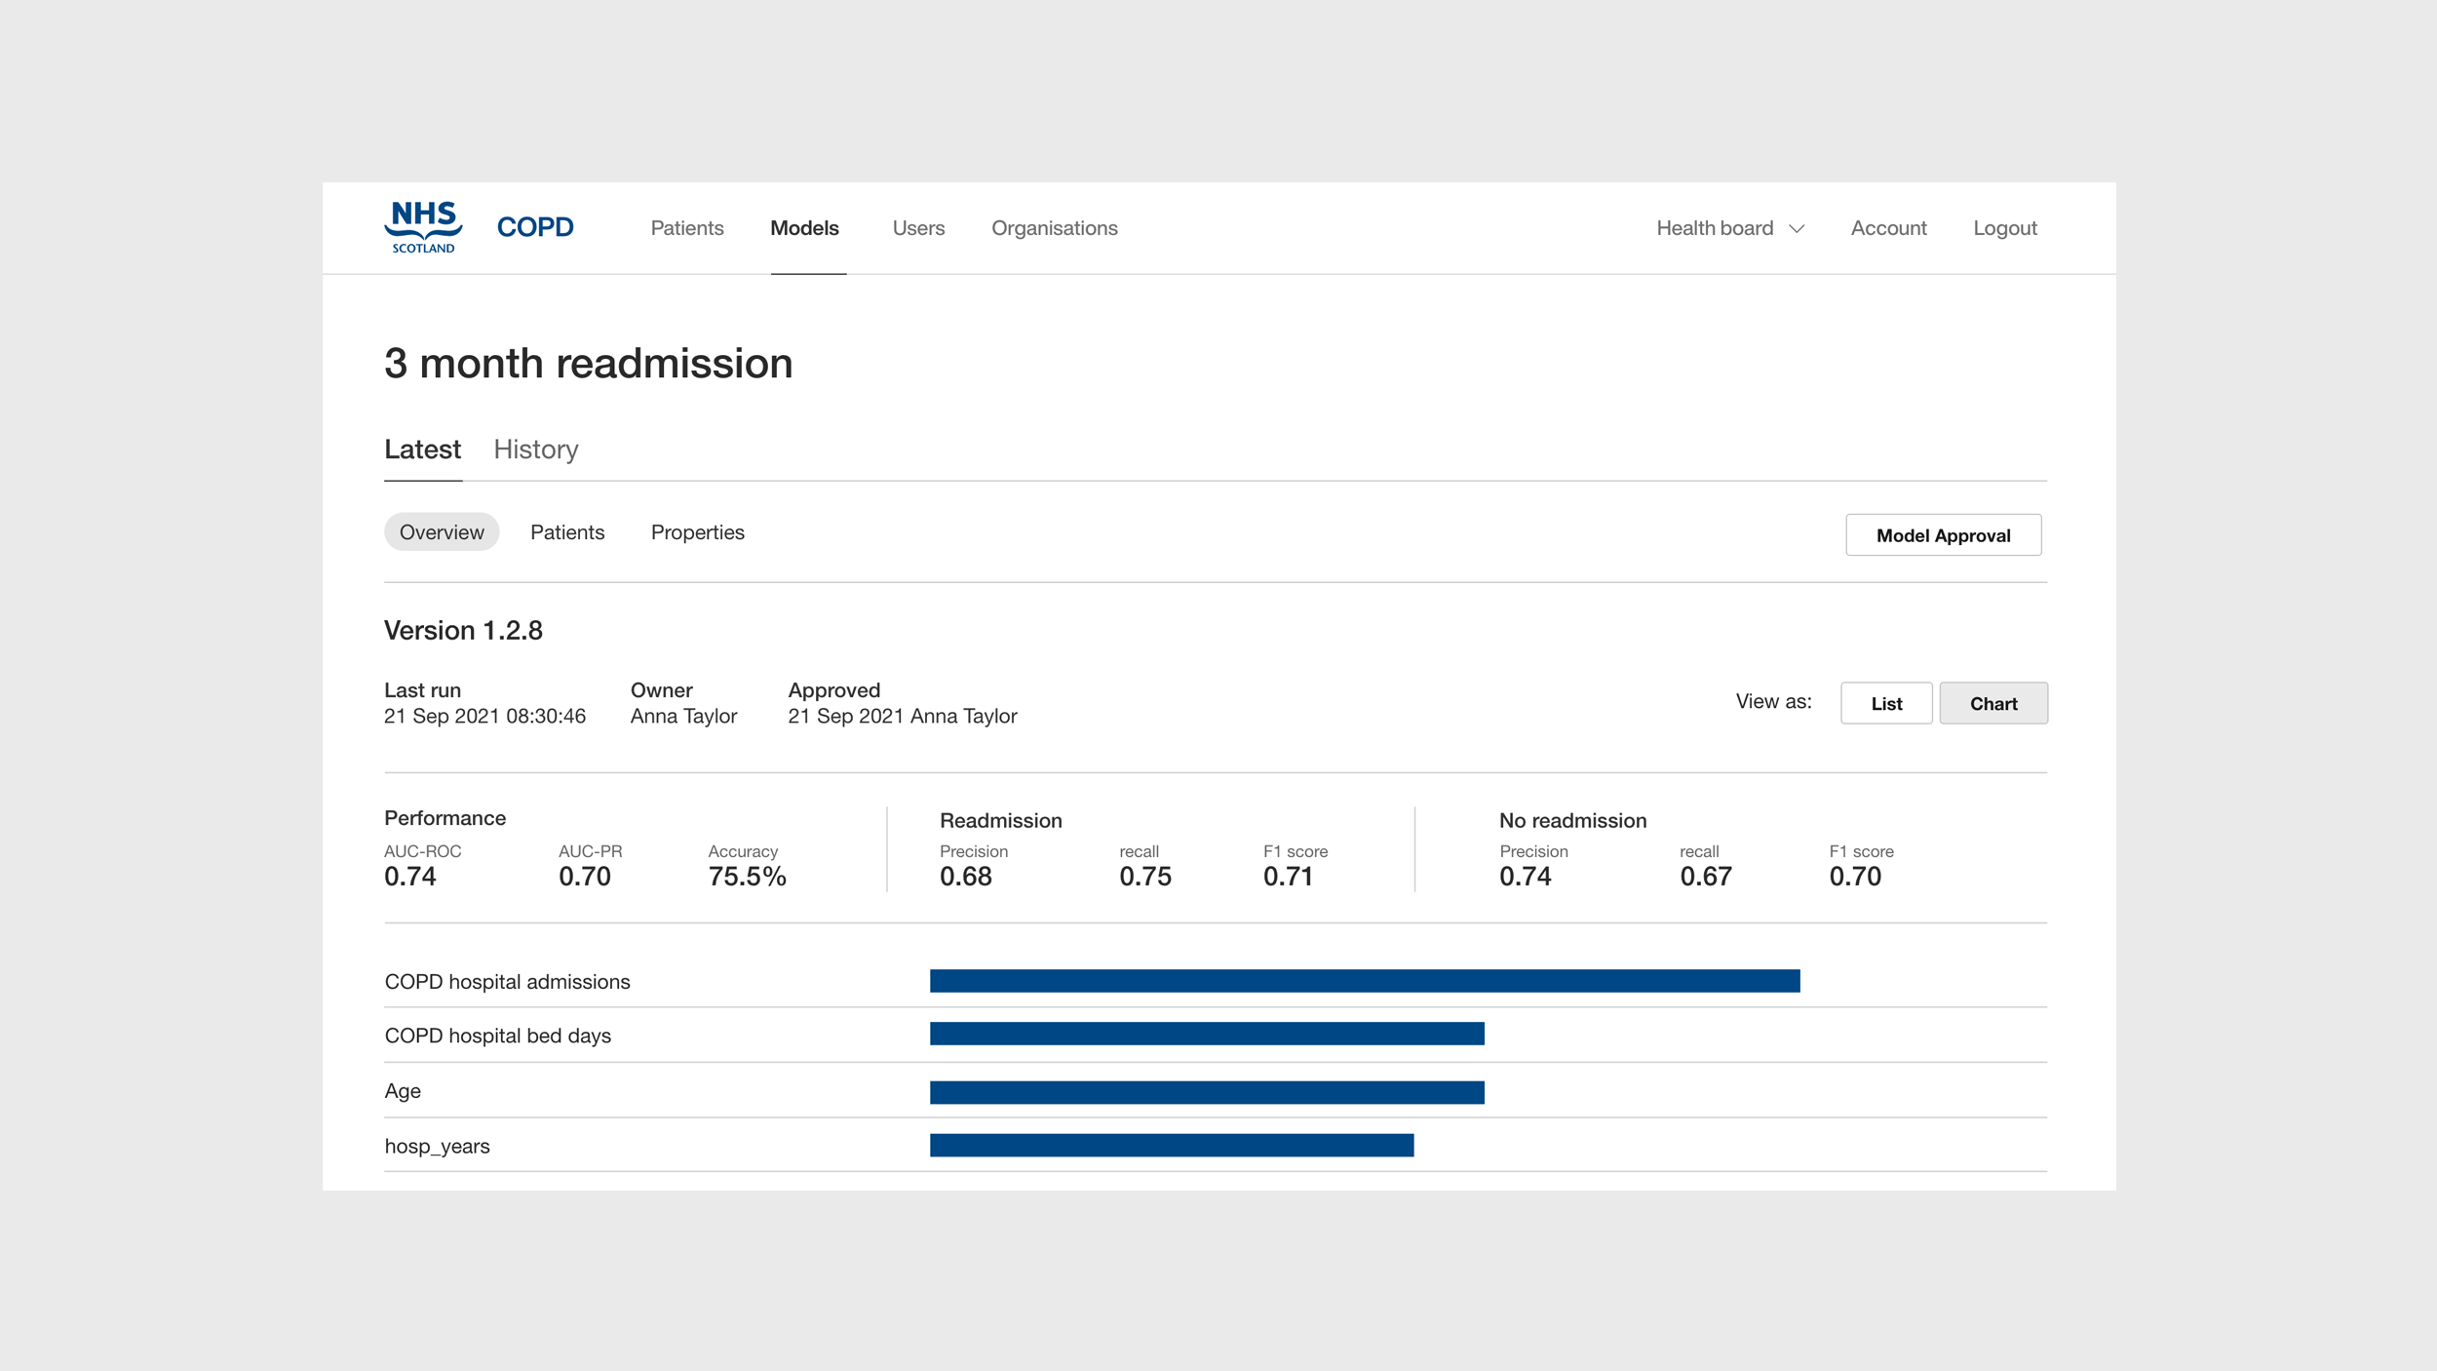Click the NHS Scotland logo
click(423, 226)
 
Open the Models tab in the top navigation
click(804, 228)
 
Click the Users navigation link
click(918, 228)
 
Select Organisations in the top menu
click(1054, 228)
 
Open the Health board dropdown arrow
click(1797, 229)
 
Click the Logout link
click(2004, 228)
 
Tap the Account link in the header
click(1888, 228)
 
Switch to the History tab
click(535, 450)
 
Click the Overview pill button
click(442, 532)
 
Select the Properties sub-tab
click(697, 532)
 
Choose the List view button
click(1885, 703)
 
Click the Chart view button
click(1992, 703)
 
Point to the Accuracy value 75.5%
click(747, 877)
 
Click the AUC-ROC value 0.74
click(410, 877)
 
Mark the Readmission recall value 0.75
click(1144, 877)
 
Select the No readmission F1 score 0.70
click(1854, 877)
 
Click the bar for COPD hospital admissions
click(1364, 981)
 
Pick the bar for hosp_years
click(1171, 1145)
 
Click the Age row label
click(403, 1091)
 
